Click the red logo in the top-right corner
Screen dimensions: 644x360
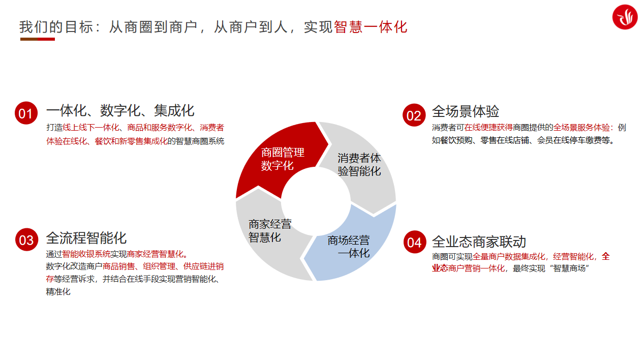625,17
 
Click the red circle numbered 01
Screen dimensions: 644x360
26,113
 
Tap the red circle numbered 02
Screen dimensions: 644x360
414,115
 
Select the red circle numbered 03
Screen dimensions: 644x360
27,240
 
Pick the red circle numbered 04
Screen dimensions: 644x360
415,242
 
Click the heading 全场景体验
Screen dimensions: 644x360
466,111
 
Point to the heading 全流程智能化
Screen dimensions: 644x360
86,238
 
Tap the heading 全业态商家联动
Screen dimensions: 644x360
479,242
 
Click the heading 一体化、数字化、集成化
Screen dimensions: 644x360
120,111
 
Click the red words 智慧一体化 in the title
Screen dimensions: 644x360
371,27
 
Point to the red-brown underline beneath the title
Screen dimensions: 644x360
38,39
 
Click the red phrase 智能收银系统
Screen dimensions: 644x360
86,254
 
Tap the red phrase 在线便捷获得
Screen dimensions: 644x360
488,128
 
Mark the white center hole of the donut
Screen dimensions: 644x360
316,201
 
